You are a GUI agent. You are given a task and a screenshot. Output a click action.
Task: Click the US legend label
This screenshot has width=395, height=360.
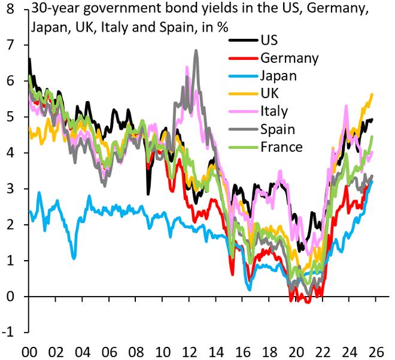coord(269,41)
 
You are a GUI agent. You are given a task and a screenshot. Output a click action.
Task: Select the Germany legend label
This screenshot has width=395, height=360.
coord(290,58)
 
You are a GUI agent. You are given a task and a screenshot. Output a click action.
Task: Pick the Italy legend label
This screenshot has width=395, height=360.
coord(274,111)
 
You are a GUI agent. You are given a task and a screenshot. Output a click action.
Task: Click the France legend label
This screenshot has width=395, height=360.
coord(281,147)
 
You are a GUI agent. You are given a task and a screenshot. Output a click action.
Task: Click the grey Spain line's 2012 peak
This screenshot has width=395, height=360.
coord(196,51)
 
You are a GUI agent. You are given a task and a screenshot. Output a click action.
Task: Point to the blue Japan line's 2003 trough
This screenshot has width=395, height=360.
coord(74,258)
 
